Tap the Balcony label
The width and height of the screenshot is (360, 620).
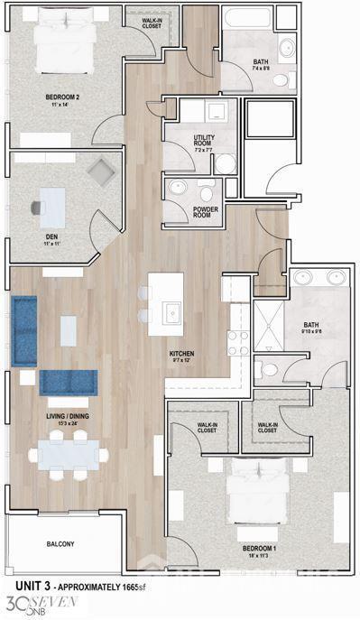60,544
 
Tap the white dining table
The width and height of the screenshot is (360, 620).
68,453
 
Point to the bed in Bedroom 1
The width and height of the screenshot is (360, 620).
258,495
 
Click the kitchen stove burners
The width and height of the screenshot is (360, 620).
238,343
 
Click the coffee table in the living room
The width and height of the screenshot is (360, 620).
69,329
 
